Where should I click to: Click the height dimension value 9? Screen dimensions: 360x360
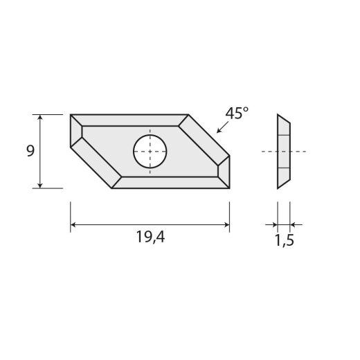pos(30,151)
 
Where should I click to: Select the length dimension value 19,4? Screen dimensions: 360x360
pos(150,237)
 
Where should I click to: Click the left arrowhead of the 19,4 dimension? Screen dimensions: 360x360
pos(75,224)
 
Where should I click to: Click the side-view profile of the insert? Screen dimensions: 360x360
pos(283,151)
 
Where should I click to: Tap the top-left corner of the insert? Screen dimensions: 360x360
pos(71,115)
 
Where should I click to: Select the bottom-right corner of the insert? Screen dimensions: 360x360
pos(229,188)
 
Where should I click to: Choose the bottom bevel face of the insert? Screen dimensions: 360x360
pos(170,182)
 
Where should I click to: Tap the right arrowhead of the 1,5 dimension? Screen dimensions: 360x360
pos(294,224)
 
